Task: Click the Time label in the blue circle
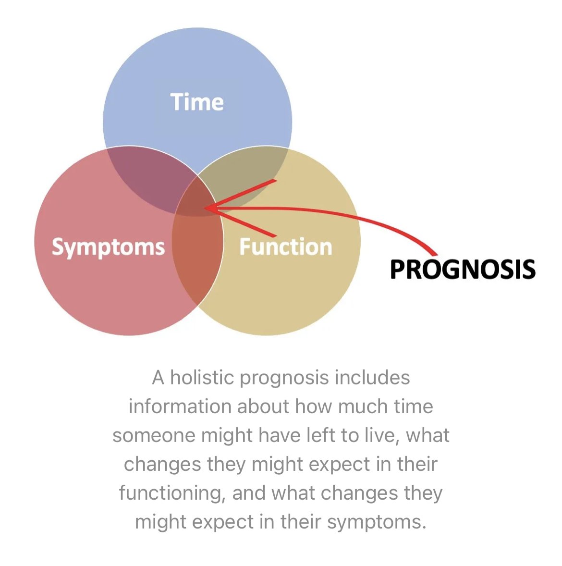tap(197, 102)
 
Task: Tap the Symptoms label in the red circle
tap(108, 247)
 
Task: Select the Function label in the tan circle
tap(286, 247)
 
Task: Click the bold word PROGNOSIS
tap(463, 269)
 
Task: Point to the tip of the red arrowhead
tap(205, 208)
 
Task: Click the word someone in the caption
tap(154, 435)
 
